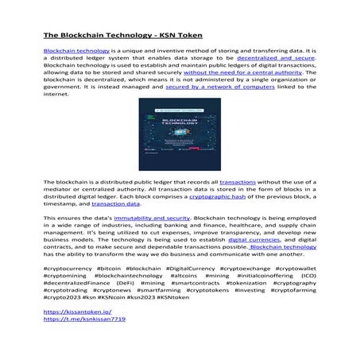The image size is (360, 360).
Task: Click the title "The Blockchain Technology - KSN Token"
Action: (x=122, y=37)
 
